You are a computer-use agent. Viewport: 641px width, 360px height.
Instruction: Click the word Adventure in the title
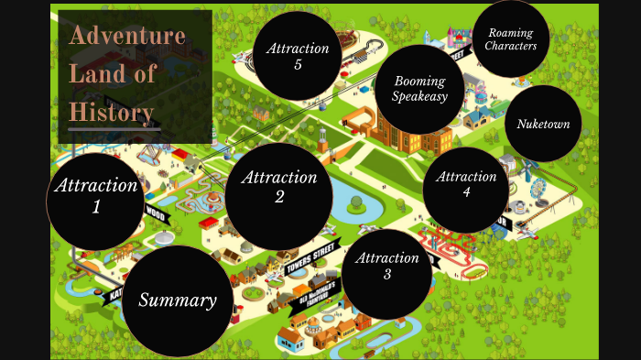127,37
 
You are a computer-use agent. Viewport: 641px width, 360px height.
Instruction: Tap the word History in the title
111,112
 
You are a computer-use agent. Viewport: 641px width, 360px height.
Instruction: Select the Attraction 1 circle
96,195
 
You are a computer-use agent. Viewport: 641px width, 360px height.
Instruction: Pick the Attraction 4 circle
466,184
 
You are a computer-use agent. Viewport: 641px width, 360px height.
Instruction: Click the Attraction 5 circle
298,56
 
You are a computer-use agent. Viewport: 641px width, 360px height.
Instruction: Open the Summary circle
178,300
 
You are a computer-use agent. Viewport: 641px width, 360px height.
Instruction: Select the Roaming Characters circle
511,39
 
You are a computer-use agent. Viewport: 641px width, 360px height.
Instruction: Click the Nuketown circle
543,124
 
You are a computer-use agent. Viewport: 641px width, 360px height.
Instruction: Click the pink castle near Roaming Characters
458,38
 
